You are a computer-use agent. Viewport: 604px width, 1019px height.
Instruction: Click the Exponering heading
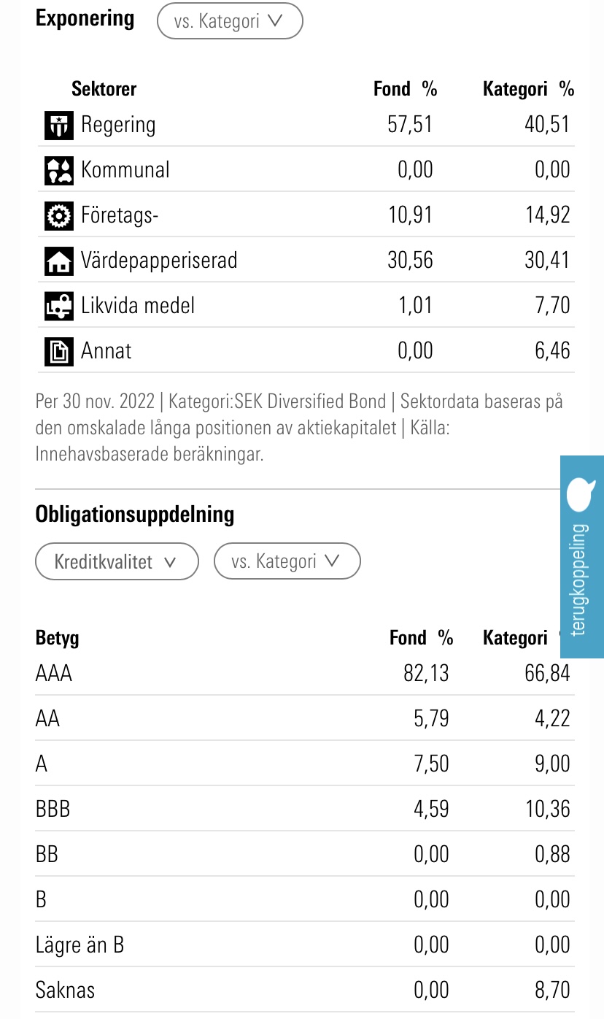tap(85, 19)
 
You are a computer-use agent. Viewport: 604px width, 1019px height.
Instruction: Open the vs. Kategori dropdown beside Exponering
tap(230, 21)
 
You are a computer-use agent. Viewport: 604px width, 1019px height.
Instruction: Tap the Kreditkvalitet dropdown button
tap(117, 561)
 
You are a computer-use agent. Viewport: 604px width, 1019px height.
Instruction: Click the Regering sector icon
tap(58, 125)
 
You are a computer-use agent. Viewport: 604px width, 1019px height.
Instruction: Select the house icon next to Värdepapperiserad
tap(58, 261)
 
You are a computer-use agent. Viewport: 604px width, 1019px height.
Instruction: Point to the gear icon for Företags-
tap(58, 215)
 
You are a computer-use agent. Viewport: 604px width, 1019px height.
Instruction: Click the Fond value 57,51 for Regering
tap(410, 125)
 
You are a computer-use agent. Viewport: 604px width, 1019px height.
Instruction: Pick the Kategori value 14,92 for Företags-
tap(547, 215)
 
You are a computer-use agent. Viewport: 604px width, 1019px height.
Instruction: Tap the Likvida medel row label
tap(138, 305)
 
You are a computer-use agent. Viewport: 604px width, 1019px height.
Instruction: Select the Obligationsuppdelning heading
tap(135, 515)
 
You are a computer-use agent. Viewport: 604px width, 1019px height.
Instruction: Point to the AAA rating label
tap(54, 673)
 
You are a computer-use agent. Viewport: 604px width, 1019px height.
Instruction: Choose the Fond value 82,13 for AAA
tap(426, 673)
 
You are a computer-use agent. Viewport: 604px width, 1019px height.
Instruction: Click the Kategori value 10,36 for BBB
tap(547, 809)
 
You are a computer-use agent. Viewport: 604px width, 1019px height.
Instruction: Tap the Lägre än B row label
tap(80, 945)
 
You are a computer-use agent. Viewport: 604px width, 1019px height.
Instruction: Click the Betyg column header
tap(57, 638)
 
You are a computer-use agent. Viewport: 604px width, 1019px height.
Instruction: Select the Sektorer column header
tap(104, 89)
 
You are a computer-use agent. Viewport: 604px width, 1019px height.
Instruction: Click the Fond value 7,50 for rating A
tap(431, 764)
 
